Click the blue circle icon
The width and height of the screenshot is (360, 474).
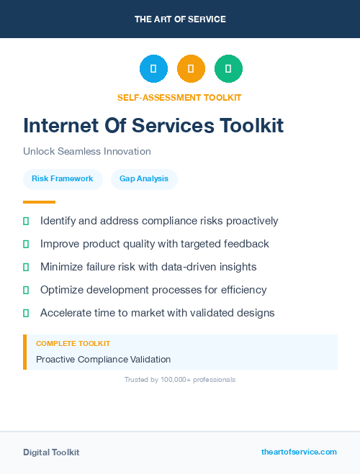pos(153,69)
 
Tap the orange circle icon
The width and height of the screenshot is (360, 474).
pos(191,69)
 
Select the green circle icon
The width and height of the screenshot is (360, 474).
pos(228,69)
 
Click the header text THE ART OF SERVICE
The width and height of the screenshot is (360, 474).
pos(180,19)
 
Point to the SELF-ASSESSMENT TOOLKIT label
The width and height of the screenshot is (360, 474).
pos(179,97)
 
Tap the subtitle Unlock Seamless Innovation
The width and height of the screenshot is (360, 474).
pos(87,152)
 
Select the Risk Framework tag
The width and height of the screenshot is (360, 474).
pos(63,178)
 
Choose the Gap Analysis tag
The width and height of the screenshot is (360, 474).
pos(144,178)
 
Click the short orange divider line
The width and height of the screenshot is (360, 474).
pos(39,202)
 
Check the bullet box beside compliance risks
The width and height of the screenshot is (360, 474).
pos(26,222)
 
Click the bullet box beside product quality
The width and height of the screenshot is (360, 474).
pos(26,245)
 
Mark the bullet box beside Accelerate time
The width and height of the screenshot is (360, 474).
pos(26,313)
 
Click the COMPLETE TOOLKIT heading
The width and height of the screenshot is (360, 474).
pos(73,344)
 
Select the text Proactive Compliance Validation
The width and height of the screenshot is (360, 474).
pos(103,359)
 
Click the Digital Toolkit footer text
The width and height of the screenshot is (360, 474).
pos(51,452)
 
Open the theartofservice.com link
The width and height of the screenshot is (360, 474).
pos(299,452)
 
